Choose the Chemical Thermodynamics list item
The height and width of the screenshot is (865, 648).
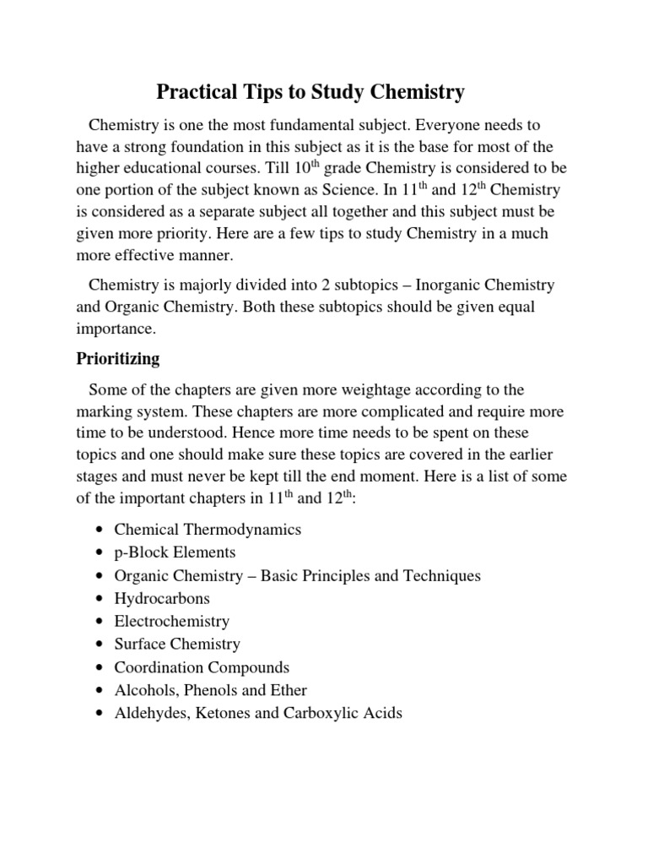coord(208,530)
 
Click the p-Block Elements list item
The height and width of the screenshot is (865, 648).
coord(175,552)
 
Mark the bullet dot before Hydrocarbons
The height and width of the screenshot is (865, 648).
coord(100,599)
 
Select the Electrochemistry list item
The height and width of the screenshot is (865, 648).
coord(171,621)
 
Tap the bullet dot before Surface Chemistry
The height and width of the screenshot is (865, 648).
coord(100,645)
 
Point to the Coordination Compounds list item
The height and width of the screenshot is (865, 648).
coord(202,667)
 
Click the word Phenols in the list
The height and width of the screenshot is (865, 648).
coord(210,690)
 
